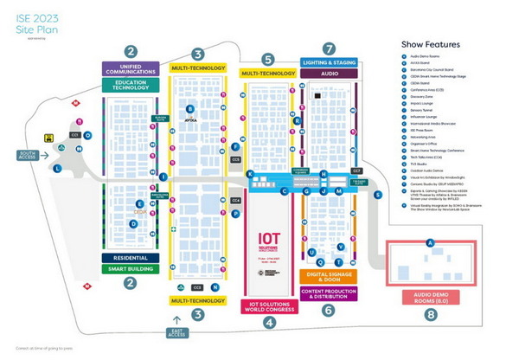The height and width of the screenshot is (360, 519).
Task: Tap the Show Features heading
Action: (430, 44)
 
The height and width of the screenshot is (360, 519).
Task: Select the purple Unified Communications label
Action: (131, 68)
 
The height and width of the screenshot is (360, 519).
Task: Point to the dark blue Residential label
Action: (131, 258)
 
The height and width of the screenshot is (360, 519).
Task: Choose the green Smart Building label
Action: (131, 269)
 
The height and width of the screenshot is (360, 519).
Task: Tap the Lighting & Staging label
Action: (329, 62)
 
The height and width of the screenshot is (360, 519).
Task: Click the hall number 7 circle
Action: (329, 48)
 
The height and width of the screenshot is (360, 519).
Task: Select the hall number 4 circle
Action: (269, 323)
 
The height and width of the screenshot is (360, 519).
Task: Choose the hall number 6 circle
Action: (328, 310)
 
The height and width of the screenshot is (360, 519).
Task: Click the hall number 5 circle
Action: (268, 59)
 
